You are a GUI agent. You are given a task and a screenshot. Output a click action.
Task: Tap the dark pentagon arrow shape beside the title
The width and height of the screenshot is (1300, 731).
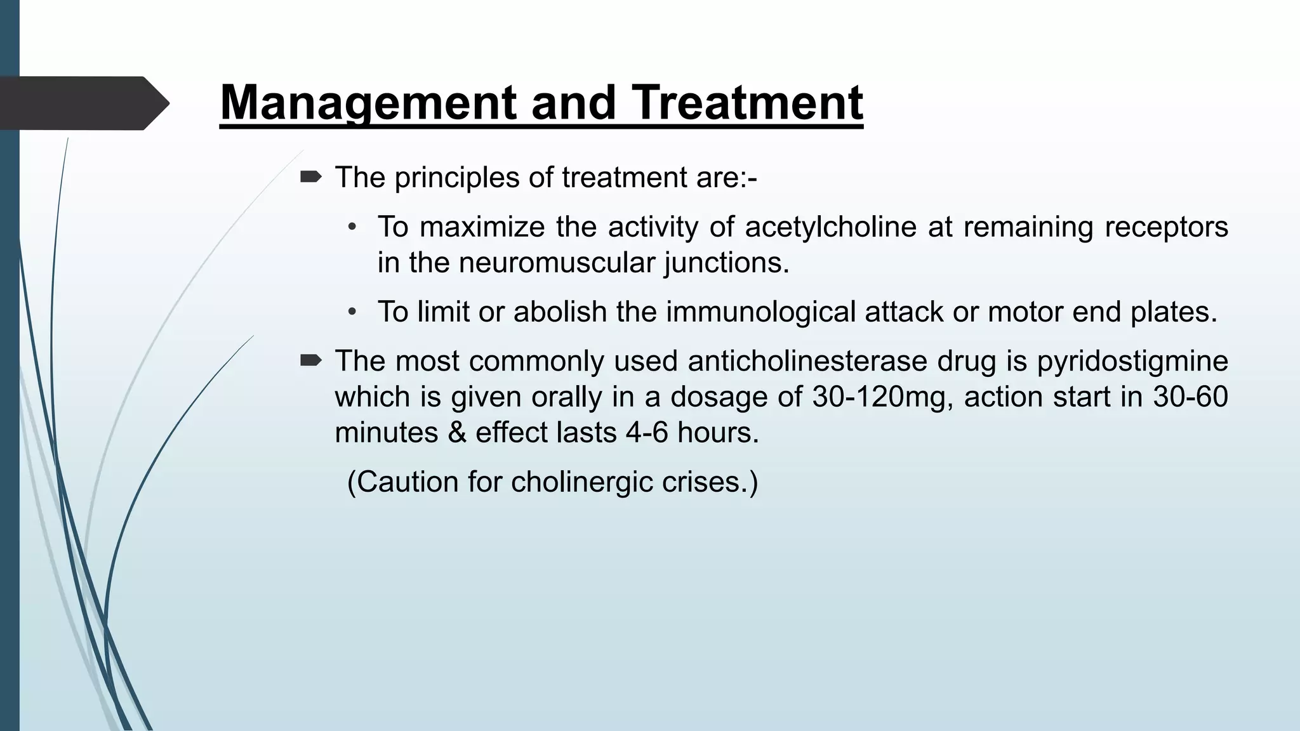tap(83, 103)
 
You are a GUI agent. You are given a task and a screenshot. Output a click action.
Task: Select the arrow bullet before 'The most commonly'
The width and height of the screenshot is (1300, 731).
tap(310, 360)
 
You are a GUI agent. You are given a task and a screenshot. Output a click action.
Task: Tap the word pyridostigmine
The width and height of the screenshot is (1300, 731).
tap(1132, 361)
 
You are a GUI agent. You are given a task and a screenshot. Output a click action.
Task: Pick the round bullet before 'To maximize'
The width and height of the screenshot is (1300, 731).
tap(353, 227)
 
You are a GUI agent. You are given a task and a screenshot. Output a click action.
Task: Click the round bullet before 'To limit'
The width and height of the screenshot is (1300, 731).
tap(353, 312)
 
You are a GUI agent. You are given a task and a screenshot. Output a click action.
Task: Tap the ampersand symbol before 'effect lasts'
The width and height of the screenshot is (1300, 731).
tap(456, 433)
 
